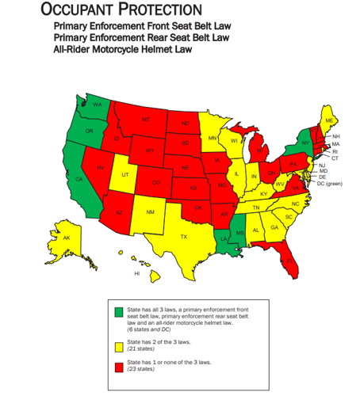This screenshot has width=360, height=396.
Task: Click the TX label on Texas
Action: (x=183, y=237)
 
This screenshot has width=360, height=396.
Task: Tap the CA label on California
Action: (x=79, y=179)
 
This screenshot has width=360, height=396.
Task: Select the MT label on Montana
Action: (x=146, y=119)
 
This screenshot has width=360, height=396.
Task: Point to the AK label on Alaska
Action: (x=67, y=238)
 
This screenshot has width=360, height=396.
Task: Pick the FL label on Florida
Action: (x=289, y=258)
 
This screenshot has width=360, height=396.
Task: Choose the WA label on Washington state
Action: (x=97, y=105)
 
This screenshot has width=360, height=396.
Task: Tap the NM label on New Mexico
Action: (x=151, y=212)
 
